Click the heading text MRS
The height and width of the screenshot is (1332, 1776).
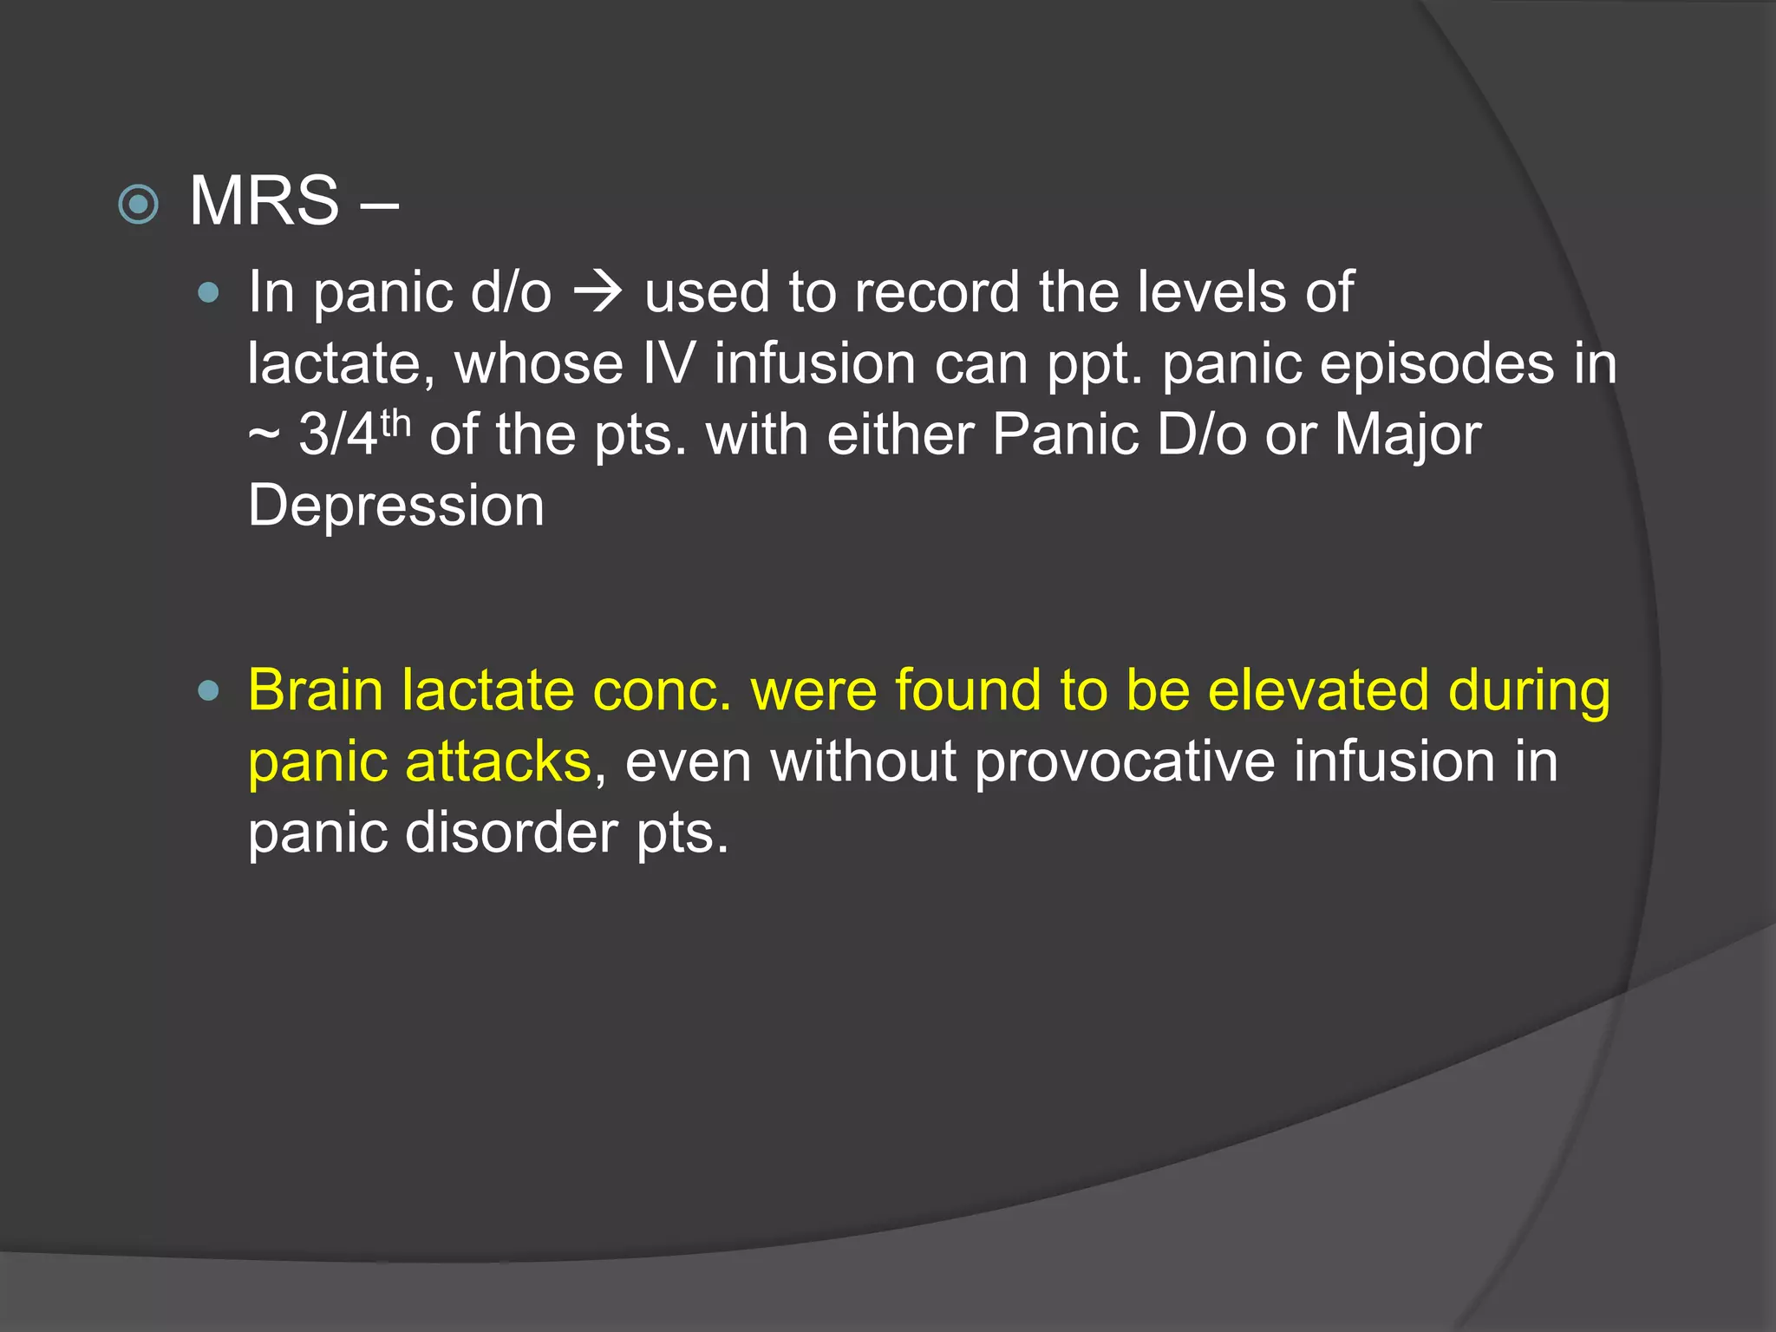(x=264, y=201)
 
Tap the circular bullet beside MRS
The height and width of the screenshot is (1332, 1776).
(x=138, y=205)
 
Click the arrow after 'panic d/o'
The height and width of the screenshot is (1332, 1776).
(x=597, y=292)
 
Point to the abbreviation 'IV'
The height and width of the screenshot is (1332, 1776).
(x=669, y=363)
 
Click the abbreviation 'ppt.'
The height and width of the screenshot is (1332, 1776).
(x=1095, y=365)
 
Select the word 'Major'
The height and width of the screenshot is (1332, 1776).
(x=1407, y=434)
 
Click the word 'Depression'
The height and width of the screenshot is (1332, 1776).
(x=396, y=506)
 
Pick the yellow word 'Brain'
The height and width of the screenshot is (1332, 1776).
(x=316, y=691)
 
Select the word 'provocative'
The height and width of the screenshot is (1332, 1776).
(x=1125, y=762)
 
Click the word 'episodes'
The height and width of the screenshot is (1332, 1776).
(x=1358, y=363)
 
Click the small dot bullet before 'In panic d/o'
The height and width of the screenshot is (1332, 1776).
(x=208, y=293)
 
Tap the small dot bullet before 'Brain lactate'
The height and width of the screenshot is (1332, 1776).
(x=208, y=691)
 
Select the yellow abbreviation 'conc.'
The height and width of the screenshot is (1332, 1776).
(x=662, y=691)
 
